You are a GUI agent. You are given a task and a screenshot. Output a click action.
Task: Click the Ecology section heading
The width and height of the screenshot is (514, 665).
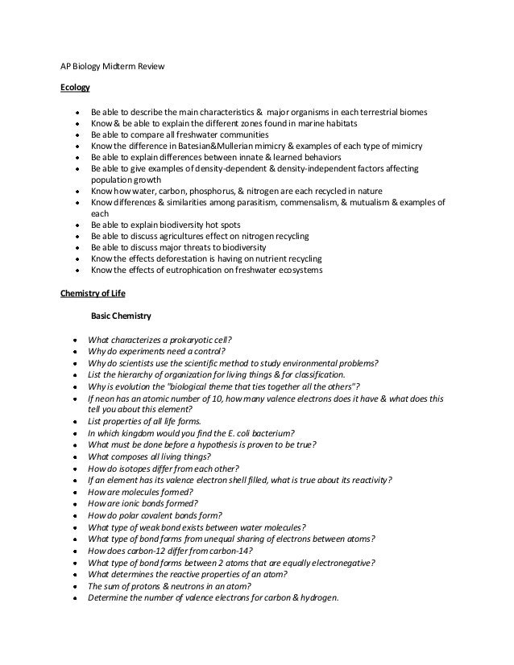click(x=76, y=86)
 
